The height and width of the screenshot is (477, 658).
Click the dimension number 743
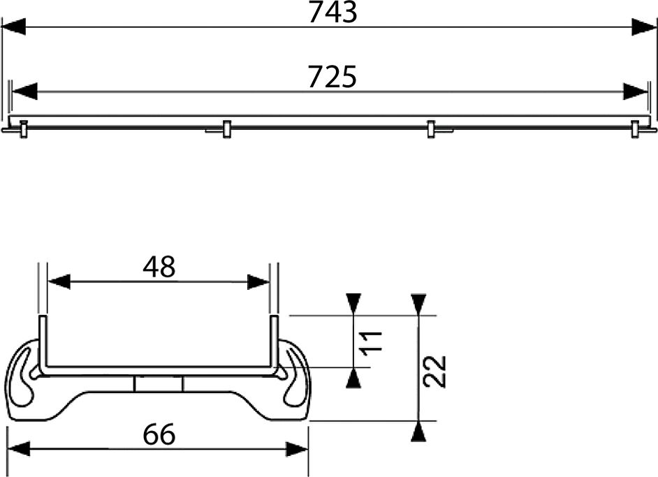click(332, 13)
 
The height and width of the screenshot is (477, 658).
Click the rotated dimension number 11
click(372, 341)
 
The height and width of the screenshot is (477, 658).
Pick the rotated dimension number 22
click(434, 371)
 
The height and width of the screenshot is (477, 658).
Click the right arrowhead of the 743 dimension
click(644, 27)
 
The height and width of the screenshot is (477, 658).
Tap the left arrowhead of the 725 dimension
click(24, 91)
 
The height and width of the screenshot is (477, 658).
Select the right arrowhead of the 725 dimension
click(636, 91)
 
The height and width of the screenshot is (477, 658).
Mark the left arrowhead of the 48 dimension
click(59, 282)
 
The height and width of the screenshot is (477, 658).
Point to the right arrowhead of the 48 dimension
click(258, 282)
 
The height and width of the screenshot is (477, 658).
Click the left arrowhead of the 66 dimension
click(19, 449)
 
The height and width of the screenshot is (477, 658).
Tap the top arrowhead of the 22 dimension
click(418, 303)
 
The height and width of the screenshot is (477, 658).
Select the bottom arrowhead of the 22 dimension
click(418, 432)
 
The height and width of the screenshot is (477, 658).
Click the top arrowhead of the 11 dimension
click(354, 303)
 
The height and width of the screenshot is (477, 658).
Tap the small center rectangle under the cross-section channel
click(159, 385)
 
